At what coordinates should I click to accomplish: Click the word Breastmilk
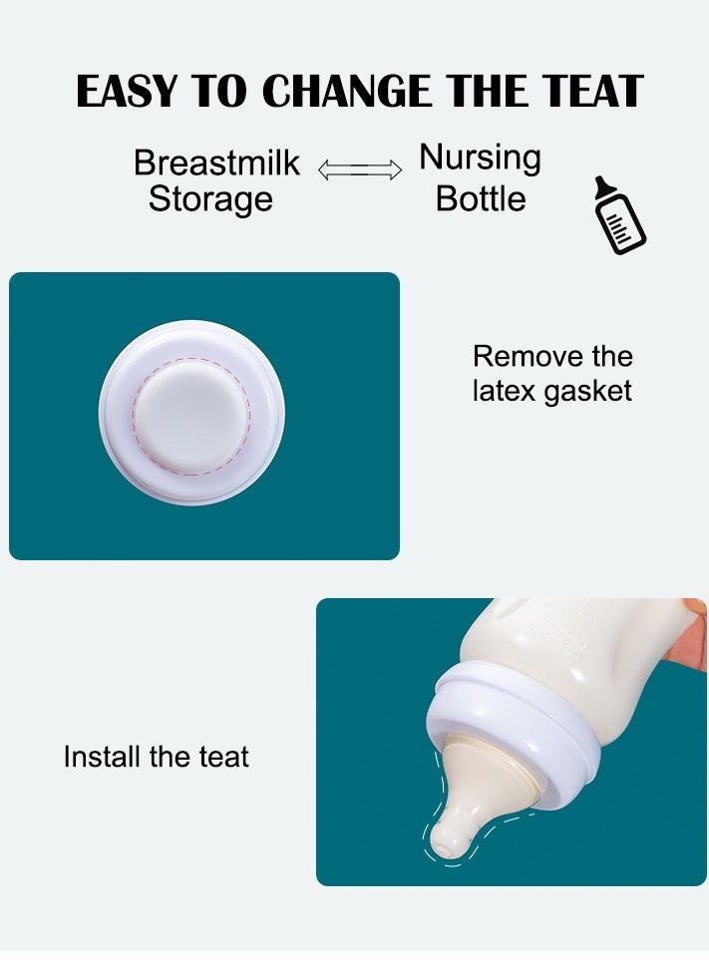[x=216, y=162]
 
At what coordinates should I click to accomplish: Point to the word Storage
[x=210, y=198]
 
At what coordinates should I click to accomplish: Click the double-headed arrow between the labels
[x=359, y=170]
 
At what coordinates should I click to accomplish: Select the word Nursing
[x=480, y=158]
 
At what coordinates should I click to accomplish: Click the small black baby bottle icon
[x=618, y=216]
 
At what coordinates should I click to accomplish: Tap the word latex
[x=505, y=390]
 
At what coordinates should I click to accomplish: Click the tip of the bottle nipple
[x=448, y=845]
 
